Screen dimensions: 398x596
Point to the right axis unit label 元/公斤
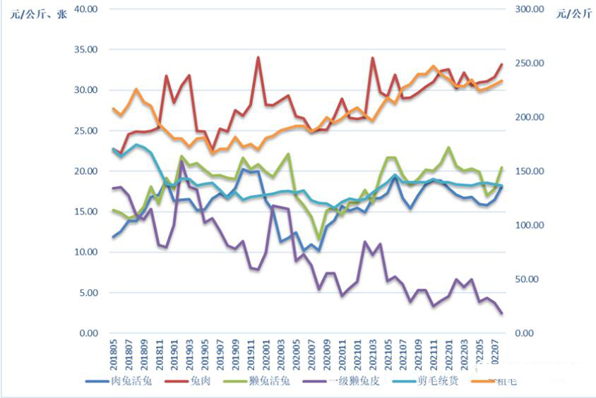point(573,13)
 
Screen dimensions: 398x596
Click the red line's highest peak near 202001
point(258,57)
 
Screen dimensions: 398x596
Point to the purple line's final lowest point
point(501,313)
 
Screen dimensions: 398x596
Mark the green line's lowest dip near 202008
point(319,240)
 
